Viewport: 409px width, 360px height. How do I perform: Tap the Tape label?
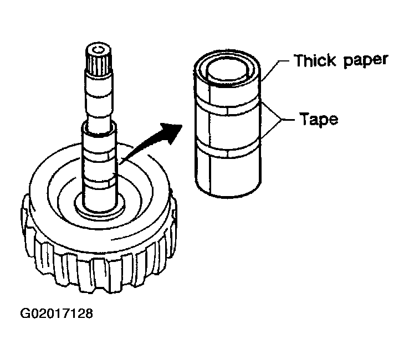319,119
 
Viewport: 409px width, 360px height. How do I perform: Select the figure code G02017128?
57,314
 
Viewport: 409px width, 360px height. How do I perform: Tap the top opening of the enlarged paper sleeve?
227,70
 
